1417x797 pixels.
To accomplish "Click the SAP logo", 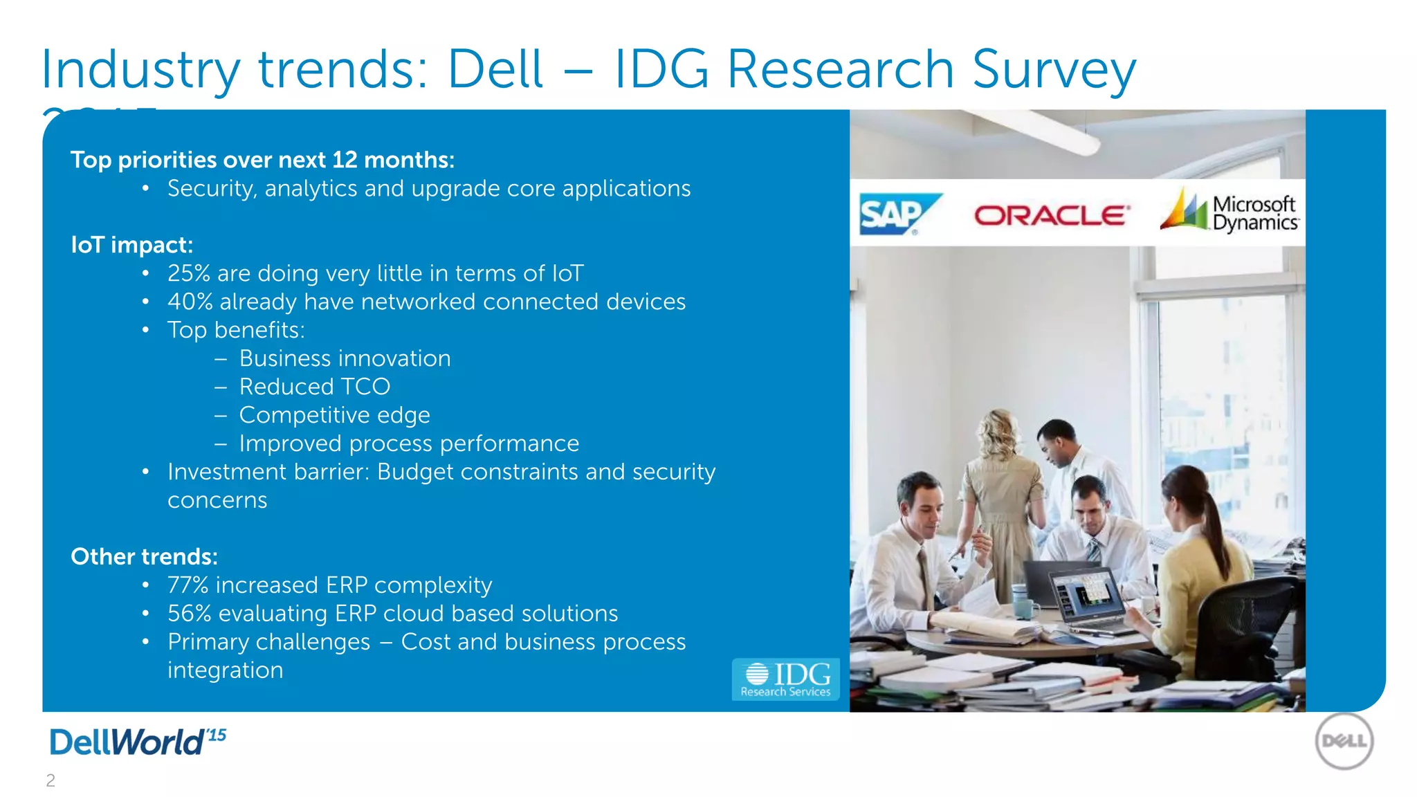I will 897,214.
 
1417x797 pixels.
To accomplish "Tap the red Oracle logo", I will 1052,216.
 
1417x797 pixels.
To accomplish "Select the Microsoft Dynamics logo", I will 1231,212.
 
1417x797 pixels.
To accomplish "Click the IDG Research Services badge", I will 785,679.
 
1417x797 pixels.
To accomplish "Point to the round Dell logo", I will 1344,742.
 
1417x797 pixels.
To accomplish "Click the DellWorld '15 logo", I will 138,742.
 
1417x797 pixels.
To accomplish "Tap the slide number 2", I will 51,780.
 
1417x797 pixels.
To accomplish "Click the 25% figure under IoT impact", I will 188,273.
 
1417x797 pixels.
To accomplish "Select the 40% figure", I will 190,302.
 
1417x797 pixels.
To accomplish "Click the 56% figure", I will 189,614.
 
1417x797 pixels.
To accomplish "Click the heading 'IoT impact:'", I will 131,245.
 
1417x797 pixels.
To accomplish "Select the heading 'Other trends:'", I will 144,557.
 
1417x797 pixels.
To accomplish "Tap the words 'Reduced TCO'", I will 314,387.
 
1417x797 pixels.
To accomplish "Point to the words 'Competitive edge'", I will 334,415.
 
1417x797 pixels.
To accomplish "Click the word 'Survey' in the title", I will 1054,69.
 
